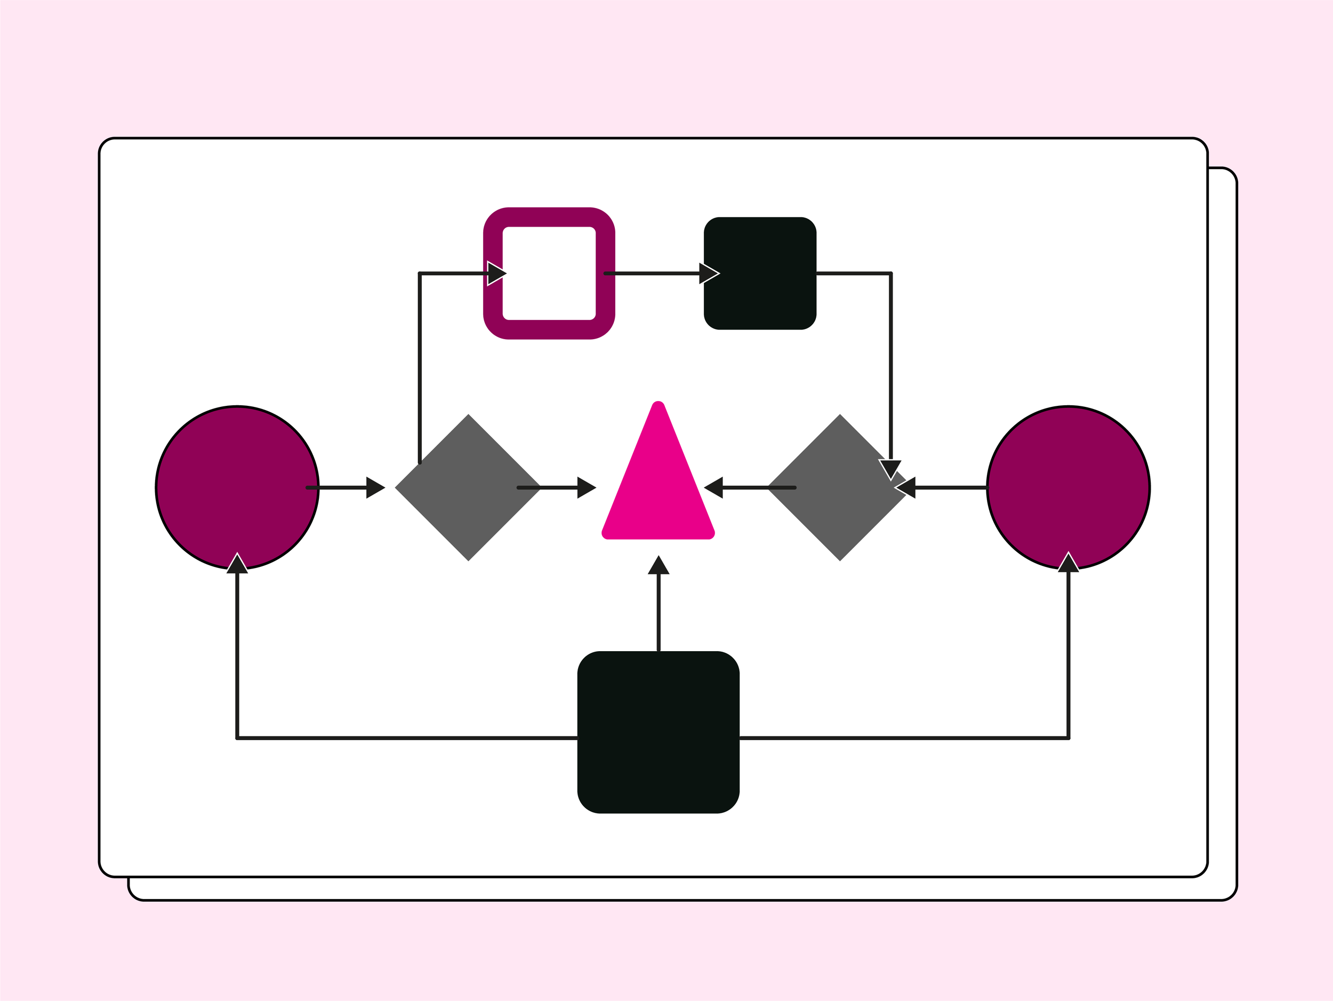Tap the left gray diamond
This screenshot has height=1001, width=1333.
pos(468,487)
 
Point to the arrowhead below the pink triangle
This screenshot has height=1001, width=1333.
pos(658,565)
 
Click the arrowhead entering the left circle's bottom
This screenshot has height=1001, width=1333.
pos(237,564)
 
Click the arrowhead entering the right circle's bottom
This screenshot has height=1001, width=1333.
pos(1068,563)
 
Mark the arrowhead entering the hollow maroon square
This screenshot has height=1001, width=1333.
pos(496,273)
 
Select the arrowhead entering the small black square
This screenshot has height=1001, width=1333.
pos(708,273)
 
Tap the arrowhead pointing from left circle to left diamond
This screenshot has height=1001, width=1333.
pos(375,487)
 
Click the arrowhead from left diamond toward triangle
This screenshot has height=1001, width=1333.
pos(586,487)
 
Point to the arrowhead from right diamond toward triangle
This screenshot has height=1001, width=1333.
pos(714,487)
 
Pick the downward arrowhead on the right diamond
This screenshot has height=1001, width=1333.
pos(889,468)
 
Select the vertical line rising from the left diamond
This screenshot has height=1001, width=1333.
pos(419,367)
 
